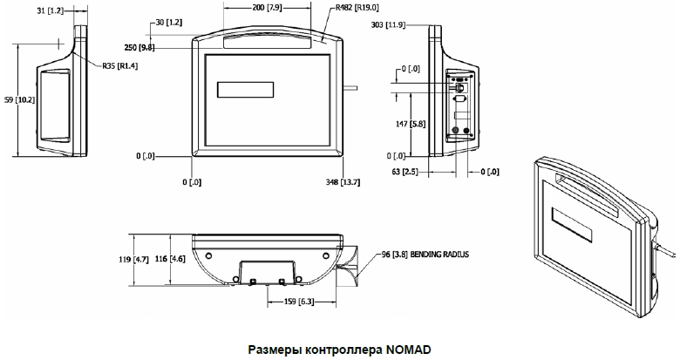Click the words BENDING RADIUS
pyautogui.click(x=439, y=255)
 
